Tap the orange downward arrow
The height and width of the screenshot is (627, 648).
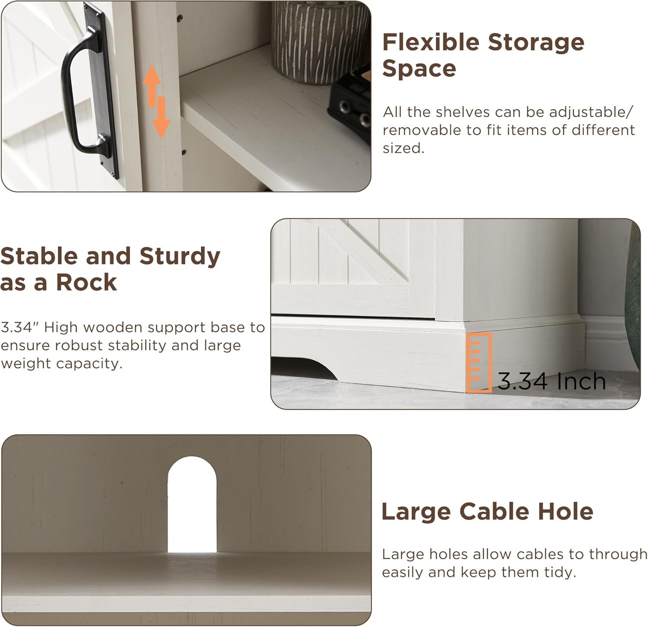point(161,118)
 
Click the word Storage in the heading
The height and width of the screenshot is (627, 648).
point(536,42)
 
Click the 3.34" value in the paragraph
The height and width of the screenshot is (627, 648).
point(19,327)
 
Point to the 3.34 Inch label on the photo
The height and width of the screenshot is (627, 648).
point(552,381)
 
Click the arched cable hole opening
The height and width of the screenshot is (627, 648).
point(192,504)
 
